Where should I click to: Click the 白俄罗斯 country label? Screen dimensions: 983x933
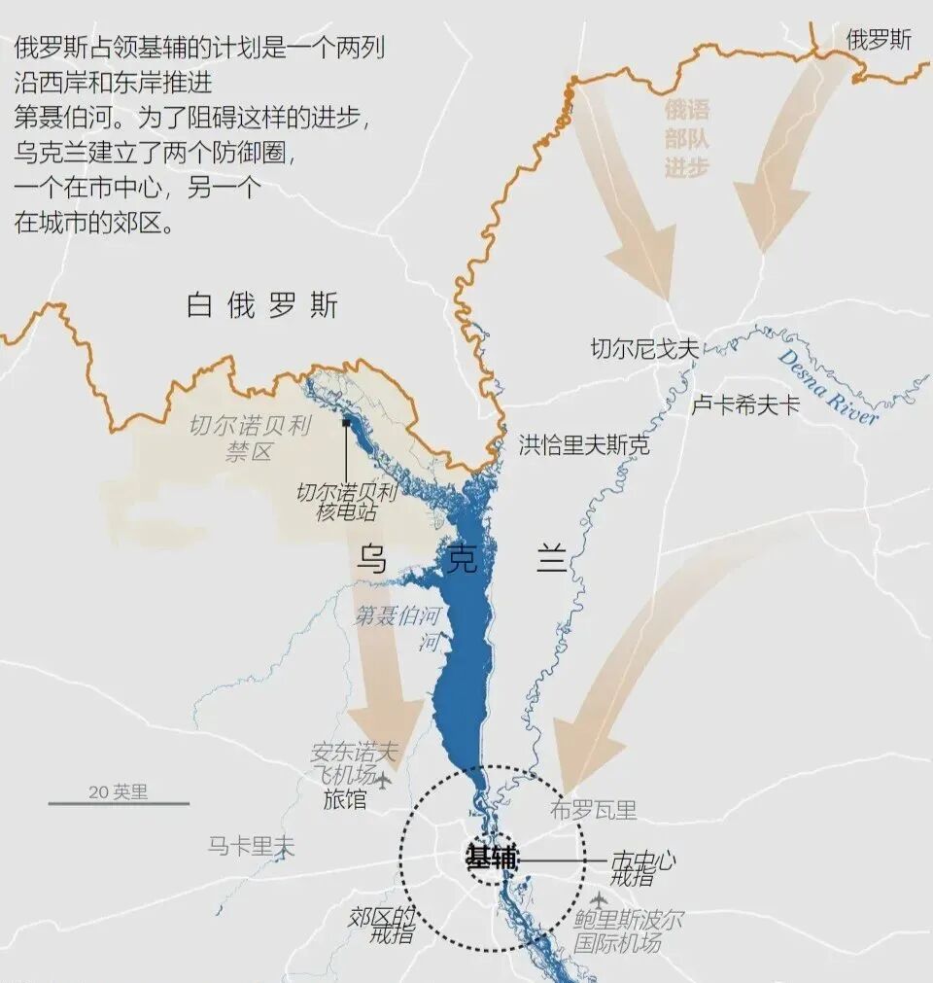[262, 305]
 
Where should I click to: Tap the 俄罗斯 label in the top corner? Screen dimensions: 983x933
[879, 40]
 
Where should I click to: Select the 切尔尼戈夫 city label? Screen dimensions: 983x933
[644, 349]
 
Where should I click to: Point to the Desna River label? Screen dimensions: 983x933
[827, 385]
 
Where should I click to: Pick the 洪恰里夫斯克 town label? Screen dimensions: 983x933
[583, 445]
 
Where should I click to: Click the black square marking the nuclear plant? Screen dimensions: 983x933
[346, 423]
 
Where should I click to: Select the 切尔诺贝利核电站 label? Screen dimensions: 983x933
[347, 502]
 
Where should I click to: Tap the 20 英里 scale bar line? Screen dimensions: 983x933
[119, 803]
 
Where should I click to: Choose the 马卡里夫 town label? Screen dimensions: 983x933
[251, 846]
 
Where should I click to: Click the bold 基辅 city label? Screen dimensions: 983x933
[492, 859]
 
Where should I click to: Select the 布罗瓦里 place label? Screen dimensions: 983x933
[593, 810]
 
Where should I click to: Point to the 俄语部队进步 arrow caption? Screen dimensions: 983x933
[687, 137]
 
